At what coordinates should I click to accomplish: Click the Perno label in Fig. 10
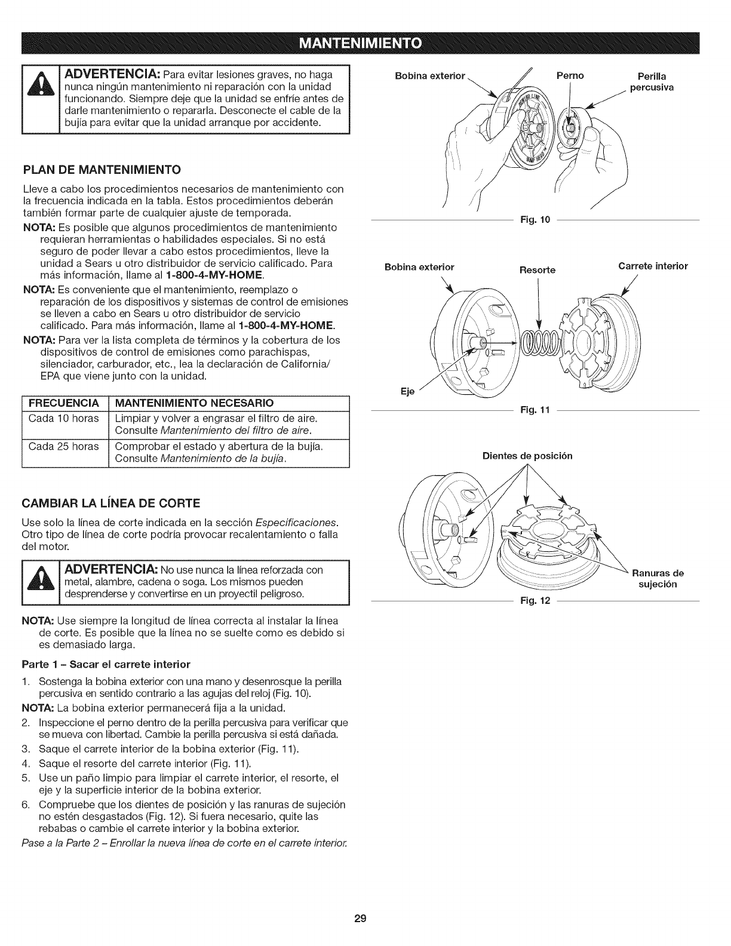570,76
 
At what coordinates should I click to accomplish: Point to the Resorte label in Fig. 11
537,270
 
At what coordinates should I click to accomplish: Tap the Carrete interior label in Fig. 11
653,266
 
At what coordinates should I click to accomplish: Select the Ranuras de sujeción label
658,579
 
